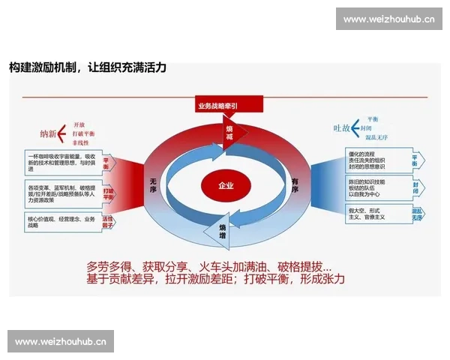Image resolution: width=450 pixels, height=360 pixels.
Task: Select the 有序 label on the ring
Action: pyautogui.click(x=295, y=185)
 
